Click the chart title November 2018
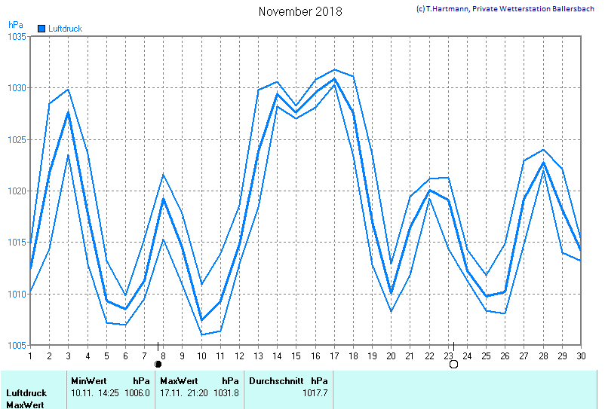coord(299,11)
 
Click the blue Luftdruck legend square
coord(41,29)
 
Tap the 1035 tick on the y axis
coord(17,36)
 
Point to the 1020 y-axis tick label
coord(17,191)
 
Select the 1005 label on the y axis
coord(17,346)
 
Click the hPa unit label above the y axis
coord(16,24)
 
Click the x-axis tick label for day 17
coord(334,355)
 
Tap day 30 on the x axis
coord(581,355)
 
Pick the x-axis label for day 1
coord(30,355)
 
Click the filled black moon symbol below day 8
coord(158,365)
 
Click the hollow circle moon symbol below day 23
coord(453,365)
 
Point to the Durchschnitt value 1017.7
coord(315,392)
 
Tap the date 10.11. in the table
coord(82,392)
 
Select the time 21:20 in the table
coord(198,392)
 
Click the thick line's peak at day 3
coord(69,112)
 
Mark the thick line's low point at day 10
coord(201,320)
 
